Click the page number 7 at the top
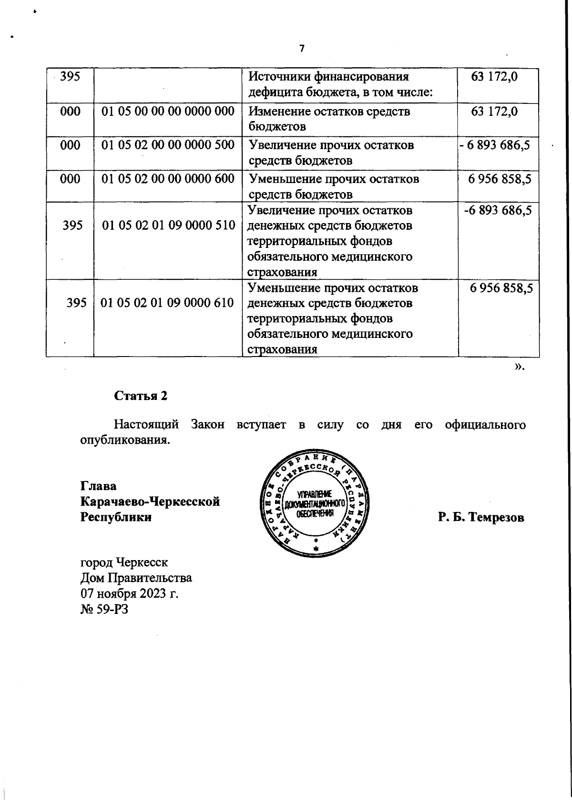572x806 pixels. click(x=301, y=49)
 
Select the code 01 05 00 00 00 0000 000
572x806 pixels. click(x=168, y=111)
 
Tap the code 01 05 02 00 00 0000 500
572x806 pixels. click(x=168, y=145)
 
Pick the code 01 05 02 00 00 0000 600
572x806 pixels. click(x=168, y=179)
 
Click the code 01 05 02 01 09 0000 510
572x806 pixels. click(x=169, y=225)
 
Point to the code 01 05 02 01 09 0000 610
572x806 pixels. click(x=169, y=303)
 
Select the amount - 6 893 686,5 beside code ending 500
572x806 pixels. click(x=495, y=145)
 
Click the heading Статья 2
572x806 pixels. click(x=141, y=396)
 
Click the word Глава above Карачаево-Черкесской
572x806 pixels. click(x=98, y=486)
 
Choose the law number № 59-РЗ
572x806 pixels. click(x=104, y=609)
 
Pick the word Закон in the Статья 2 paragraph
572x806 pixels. click(x=207, y=424)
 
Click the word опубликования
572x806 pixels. click(x=125, y=439)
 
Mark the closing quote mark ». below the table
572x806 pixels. click(x=520, y=367)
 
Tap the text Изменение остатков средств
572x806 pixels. click(x=329, y=112)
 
